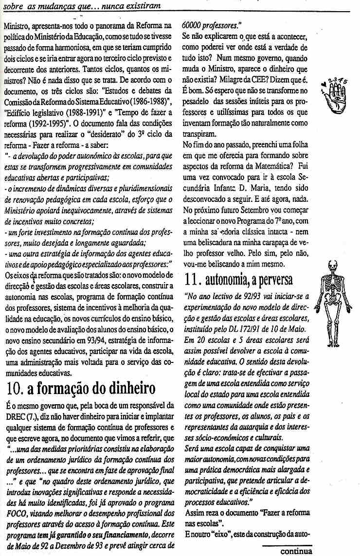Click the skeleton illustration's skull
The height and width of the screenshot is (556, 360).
click(334, 266)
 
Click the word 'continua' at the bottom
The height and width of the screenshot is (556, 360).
click(296, 551)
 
